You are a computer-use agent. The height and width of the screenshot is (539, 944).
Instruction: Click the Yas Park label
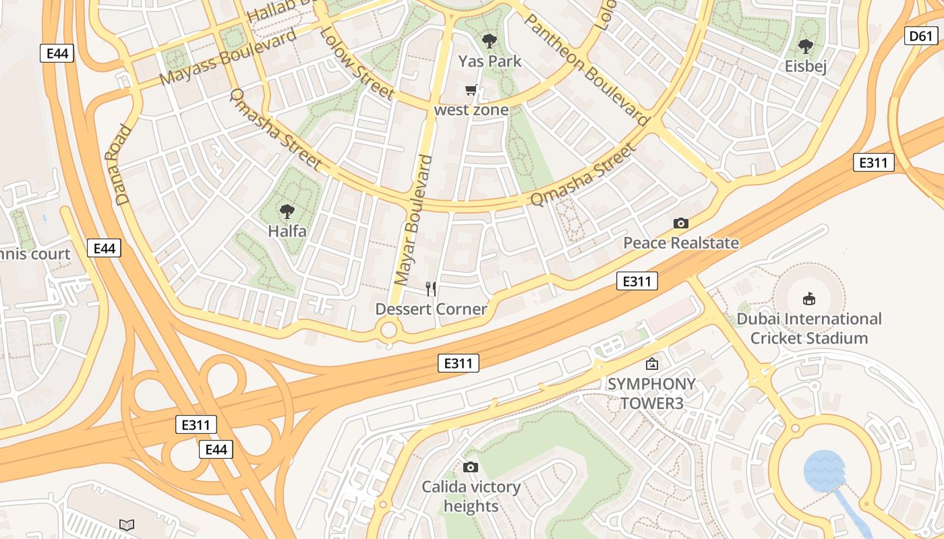tap(490, 61)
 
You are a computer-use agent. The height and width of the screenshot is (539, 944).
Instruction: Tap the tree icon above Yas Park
tap(490, 40)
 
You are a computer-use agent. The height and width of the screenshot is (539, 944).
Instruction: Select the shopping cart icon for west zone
tap(471, 90)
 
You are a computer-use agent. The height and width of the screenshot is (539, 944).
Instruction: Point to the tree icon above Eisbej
tap(805, 46)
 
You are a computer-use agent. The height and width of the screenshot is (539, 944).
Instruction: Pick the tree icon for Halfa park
tap(287, 211)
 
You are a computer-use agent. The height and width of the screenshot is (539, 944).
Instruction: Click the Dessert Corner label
tap(431, 309)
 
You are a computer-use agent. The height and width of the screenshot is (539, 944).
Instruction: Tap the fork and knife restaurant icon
tap(431, 289)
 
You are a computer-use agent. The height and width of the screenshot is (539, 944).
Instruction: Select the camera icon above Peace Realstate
tap(681, 223)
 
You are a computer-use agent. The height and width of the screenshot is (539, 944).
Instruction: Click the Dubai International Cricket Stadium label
tap(808, 328)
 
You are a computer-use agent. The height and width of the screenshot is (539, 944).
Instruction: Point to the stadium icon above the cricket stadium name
tap(809, 298)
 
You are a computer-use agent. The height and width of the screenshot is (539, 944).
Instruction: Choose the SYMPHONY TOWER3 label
tap(651, 393)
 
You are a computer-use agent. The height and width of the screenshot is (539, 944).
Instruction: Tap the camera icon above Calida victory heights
tap(471, 467)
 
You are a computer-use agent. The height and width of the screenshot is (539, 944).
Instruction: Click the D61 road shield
tap(920, 36)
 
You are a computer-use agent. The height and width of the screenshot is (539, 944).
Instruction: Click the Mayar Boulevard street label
tap(413, 219)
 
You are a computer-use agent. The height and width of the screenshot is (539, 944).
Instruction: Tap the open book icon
tap(127, 524)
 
